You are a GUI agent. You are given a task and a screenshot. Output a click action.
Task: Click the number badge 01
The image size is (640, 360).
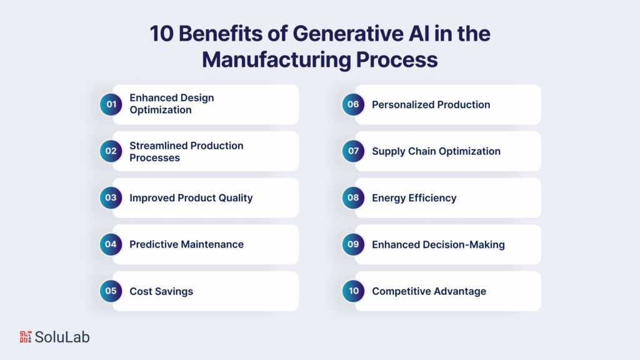[111, 104]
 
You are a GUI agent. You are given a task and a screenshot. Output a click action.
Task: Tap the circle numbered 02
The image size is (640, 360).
[111, 151]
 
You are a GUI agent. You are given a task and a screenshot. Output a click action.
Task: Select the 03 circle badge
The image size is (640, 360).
[111, 197]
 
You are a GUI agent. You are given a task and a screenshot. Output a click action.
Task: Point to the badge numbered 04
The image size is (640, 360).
[111, 244]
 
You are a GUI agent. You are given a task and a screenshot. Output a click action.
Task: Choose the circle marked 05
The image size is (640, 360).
[111, 291]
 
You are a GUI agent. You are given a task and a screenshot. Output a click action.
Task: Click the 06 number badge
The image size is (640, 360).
[354, 104]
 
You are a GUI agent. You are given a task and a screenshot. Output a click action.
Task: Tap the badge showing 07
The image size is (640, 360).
[354, 151]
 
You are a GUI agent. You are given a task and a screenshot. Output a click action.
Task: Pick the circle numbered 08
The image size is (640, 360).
[354, 197]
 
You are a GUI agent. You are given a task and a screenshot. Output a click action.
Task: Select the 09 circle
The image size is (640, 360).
[354, 244]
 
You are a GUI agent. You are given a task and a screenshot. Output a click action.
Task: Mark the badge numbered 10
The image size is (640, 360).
[354, 291]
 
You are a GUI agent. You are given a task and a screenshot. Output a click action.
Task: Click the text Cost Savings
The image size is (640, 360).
[161, 291]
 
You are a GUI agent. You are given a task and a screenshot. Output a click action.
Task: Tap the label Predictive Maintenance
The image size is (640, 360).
[186, 244]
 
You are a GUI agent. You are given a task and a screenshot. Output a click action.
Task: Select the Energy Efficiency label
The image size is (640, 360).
[414, 198]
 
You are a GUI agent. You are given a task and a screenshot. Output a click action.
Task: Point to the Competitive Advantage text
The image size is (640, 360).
[429, 291]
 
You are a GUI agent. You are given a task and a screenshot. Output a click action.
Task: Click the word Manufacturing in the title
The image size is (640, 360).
[276, 59]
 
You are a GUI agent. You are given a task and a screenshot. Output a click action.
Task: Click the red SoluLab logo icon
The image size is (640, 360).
[25, 337]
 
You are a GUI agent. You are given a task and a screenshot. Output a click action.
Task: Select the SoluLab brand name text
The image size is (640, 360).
[62, 337]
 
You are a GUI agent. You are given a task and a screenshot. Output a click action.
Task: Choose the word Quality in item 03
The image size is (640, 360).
[236, 198]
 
